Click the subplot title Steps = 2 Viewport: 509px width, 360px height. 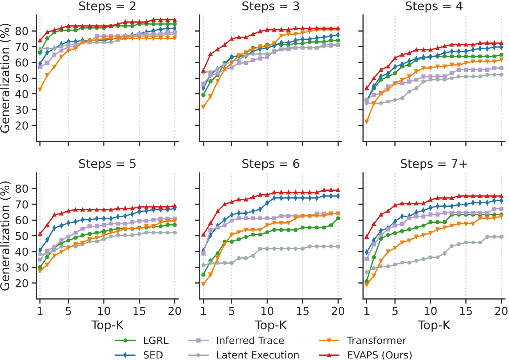(107, 7)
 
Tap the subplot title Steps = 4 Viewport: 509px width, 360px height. (434, 7)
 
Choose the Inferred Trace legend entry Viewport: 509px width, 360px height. (250, 340)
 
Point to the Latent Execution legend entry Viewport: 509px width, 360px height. (258, 355)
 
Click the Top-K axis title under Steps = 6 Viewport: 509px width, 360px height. (270, 325)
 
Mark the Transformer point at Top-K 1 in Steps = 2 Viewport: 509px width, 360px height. (40, 89)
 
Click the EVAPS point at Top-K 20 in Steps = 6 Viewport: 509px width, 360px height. (338, 190)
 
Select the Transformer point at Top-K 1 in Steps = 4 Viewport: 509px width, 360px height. (367, 122)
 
